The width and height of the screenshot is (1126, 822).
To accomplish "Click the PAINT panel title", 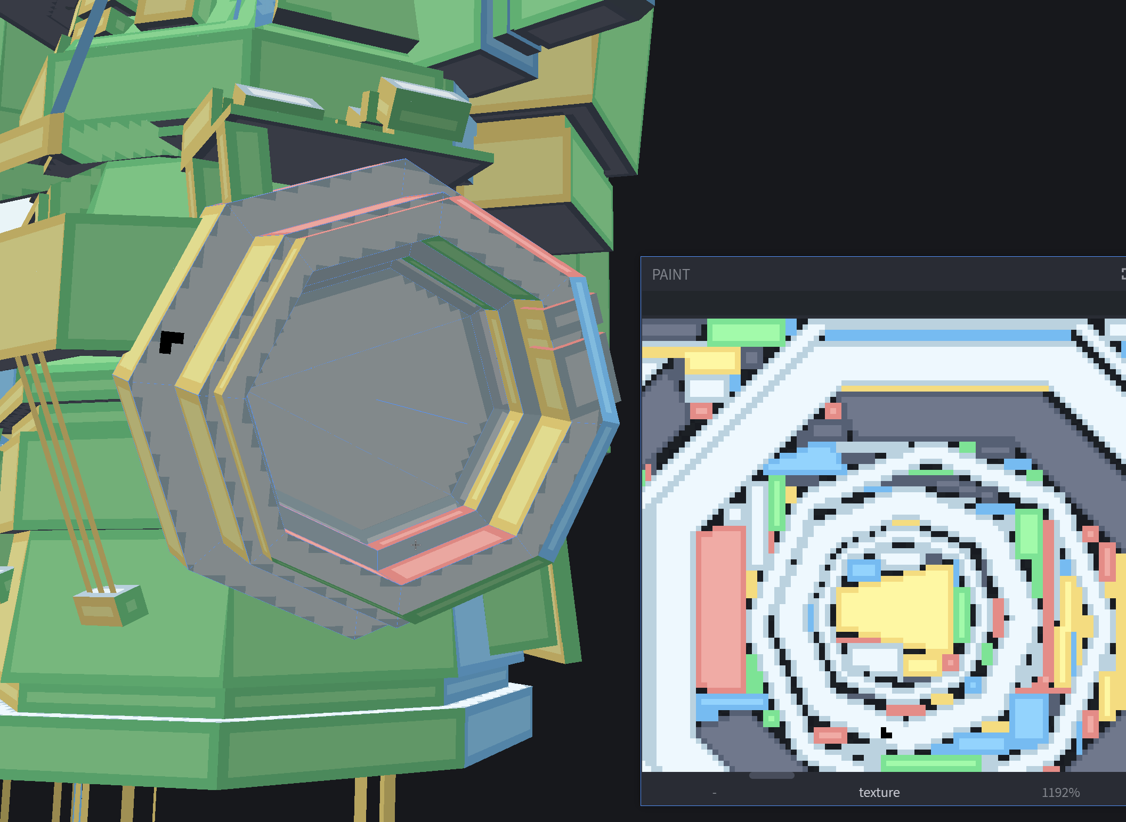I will coord(670,274).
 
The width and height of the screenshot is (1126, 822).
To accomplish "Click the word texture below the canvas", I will coord(879,792).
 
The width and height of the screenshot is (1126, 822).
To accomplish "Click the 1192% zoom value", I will coord(1060,792).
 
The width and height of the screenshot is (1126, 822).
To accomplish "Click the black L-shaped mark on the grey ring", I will coord(170,340).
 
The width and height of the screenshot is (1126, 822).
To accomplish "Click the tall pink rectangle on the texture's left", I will coord(720,607).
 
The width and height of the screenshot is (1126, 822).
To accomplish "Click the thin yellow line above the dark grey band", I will coord(943,388).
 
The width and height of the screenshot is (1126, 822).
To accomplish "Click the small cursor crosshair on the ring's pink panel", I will coord(416,544).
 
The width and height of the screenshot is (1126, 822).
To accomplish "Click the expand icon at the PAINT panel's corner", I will coord(1122,274).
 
